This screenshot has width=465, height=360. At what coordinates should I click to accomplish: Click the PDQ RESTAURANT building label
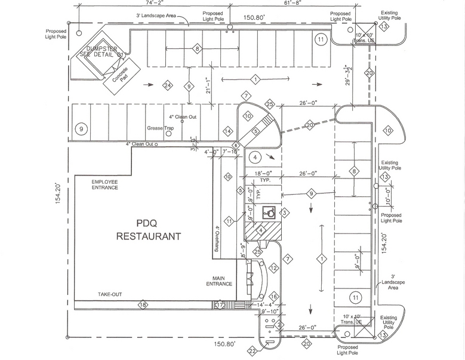(147, 230)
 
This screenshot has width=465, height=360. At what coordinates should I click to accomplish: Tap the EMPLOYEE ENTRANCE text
(104, 184)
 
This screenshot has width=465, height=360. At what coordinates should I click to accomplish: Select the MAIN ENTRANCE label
(218, 282)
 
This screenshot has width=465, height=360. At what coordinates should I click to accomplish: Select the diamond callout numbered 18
(143, 305)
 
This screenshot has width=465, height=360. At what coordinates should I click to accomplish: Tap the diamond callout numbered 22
(252, 350)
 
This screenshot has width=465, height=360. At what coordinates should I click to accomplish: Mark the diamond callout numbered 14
(227, 131)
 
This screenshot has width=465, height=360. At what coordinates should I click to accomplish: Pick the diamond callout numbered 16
(273, 296)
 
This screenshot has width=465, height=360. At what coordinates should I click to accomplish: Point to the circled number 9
(82, 129)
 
